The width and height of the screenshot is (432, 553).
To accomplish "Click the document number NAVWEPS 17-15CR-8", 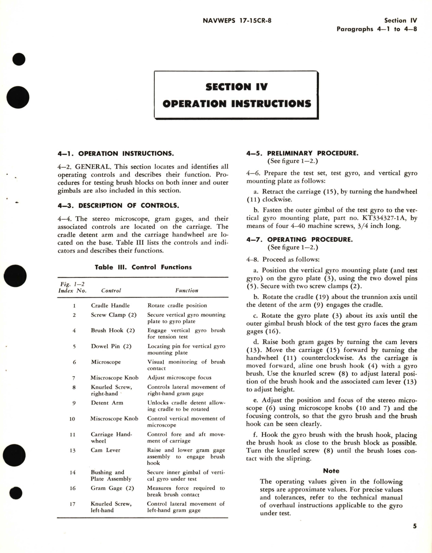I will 237,20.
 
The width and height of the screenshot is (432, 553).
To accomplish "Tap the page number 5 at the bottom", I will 414,526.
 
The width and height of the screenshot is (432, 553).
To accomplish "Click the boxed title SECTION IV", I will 237,87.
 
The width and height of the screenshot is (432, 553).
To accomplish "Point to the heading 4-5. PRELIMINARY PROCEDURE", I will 302,153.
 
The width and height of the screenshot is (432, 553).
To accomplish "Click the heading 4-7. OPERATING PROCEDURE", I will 299,240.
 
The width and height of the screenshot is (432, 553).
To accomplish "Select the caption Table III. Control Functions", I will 143,267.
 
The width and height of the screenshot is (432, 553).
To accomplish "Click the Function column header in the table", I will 187,290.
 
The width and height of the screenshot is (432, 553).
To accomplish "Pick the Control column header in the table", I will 111,290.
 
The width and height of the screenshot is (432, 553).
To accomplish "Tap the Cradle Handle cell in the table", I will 110,305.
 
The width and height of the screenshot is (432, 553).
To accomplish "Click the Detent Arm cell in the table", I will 107,403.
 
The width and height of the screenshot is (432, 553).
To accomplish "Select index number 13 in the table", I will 73,450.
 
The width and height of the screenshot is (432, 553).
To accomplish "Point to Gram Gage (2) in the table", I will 112,488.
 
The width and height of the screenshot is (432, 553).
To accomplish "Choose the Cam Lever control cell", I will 105,450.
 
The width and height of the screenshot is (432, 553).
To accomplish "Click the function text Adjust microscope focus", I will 179,378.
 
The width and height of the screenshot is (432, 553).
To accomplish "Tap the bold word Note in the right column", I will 331,471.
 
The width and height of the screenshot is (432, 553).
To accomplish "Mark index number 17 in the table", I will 73,504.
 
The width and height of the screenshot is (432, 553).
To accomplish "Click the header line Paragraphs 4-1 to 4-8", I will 377,29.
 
